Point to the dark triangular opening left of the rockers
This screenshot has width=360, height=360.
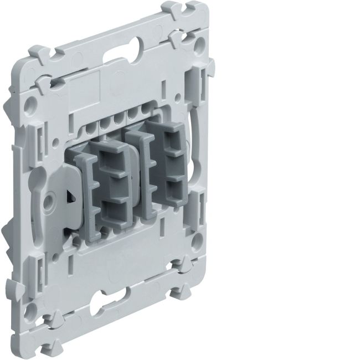click(70, 195)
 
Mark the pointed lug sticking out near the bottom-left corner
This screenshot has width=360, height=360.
click(11, 289)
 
